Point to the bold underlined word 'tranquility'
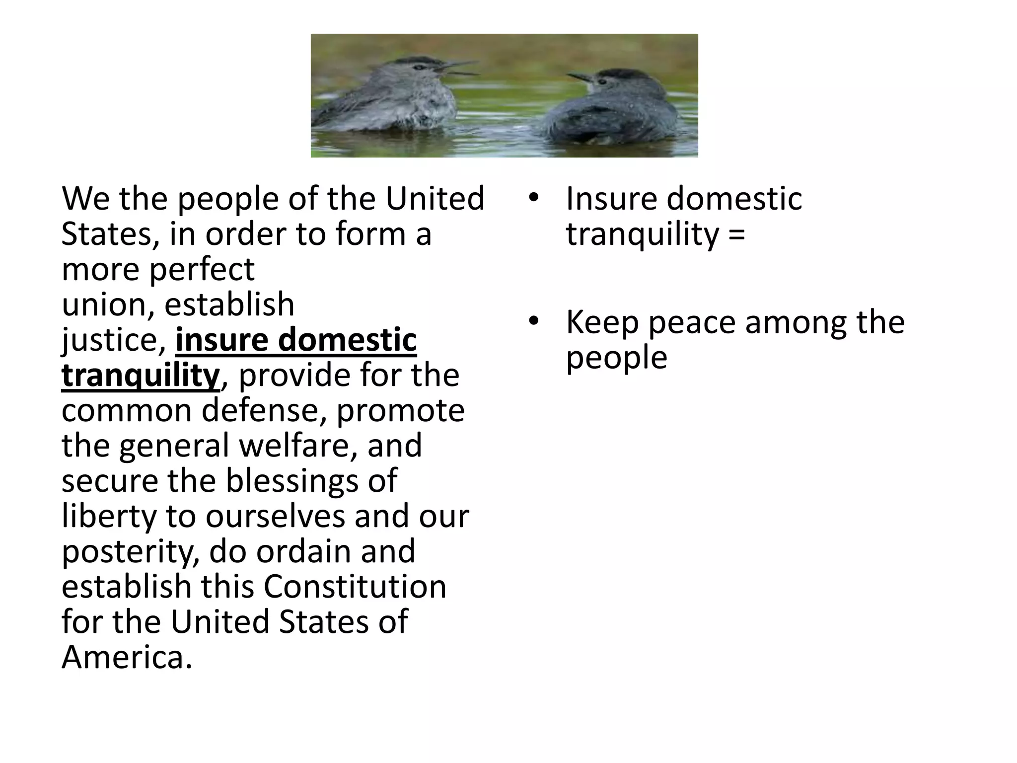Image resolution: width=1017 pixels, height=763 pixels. (141, 376)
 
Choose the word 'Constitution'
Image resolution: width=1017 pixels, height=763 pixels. (355, 587)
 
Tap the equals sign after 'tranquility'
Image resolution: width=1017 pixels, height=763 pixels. (737, 234)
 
